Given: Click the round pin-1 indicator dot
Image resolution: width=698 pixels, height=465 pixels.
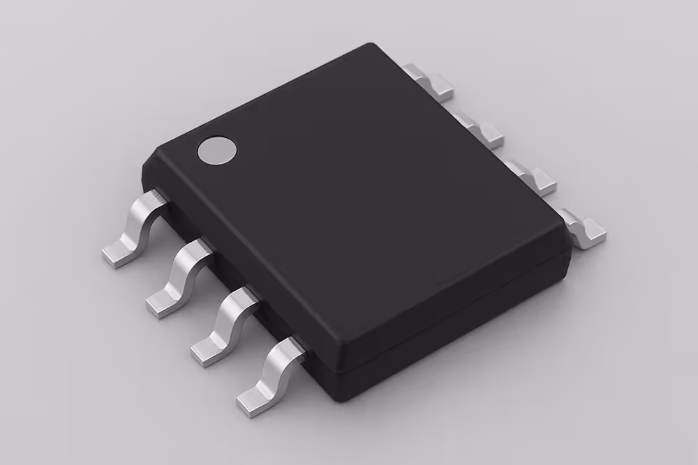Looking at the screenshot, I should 217,151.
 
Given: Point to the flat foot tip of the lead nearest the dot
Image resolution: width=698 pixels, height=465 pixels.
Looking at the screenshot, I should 115,256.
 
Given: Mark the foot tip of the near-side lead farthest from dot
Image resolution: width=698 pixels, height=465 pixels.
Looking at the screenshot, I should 249,403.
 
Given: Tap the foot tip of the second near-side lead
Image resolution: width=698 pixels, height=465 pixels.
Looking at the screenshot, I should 160,305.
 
